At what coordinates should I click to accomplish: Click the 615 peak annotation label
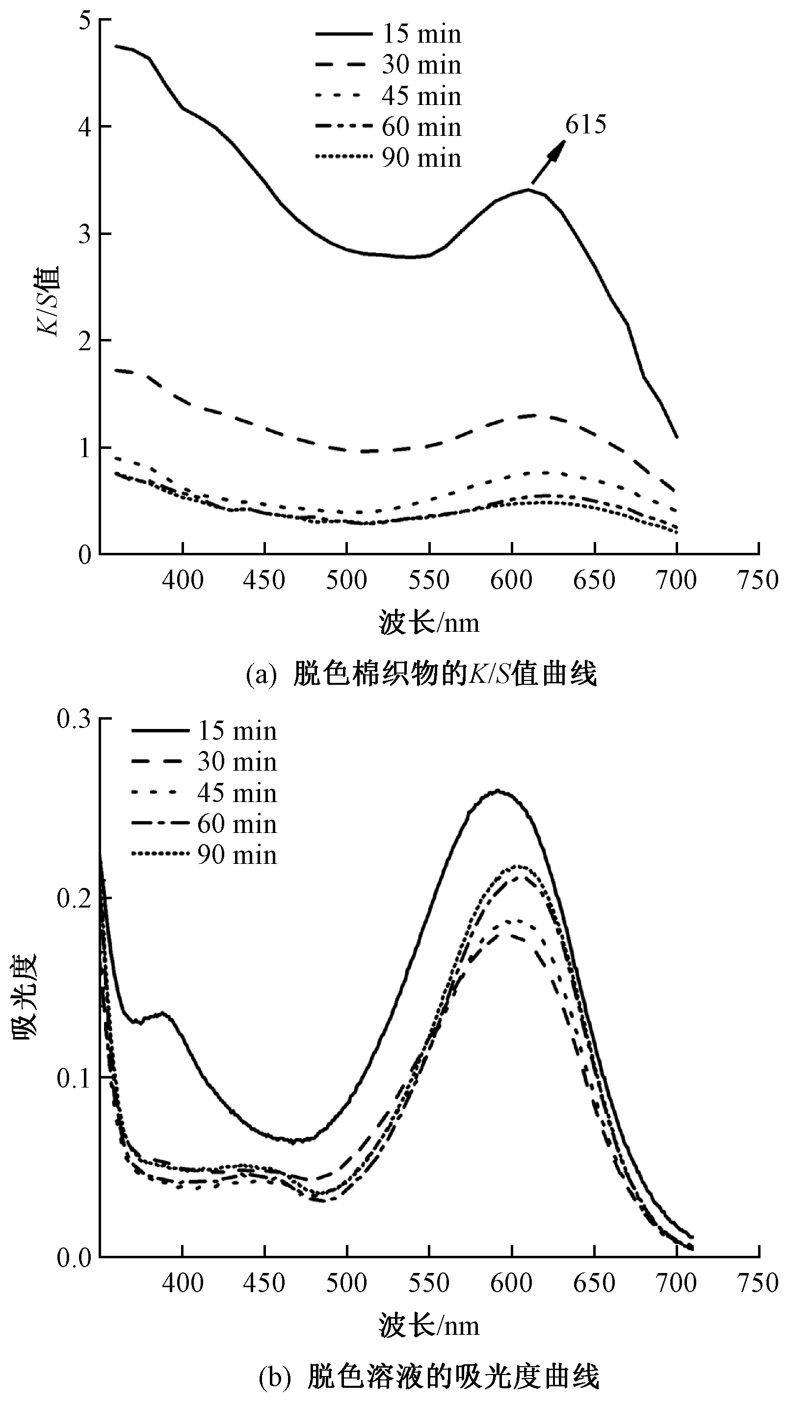click(585, 125)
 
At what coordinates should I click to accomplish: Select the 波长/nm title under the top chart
click(429, 623)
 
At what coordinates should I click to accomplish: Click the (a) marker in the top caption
click(264, 675)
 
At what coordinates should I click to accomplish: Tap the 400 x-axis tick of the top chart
click(183, 580)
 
